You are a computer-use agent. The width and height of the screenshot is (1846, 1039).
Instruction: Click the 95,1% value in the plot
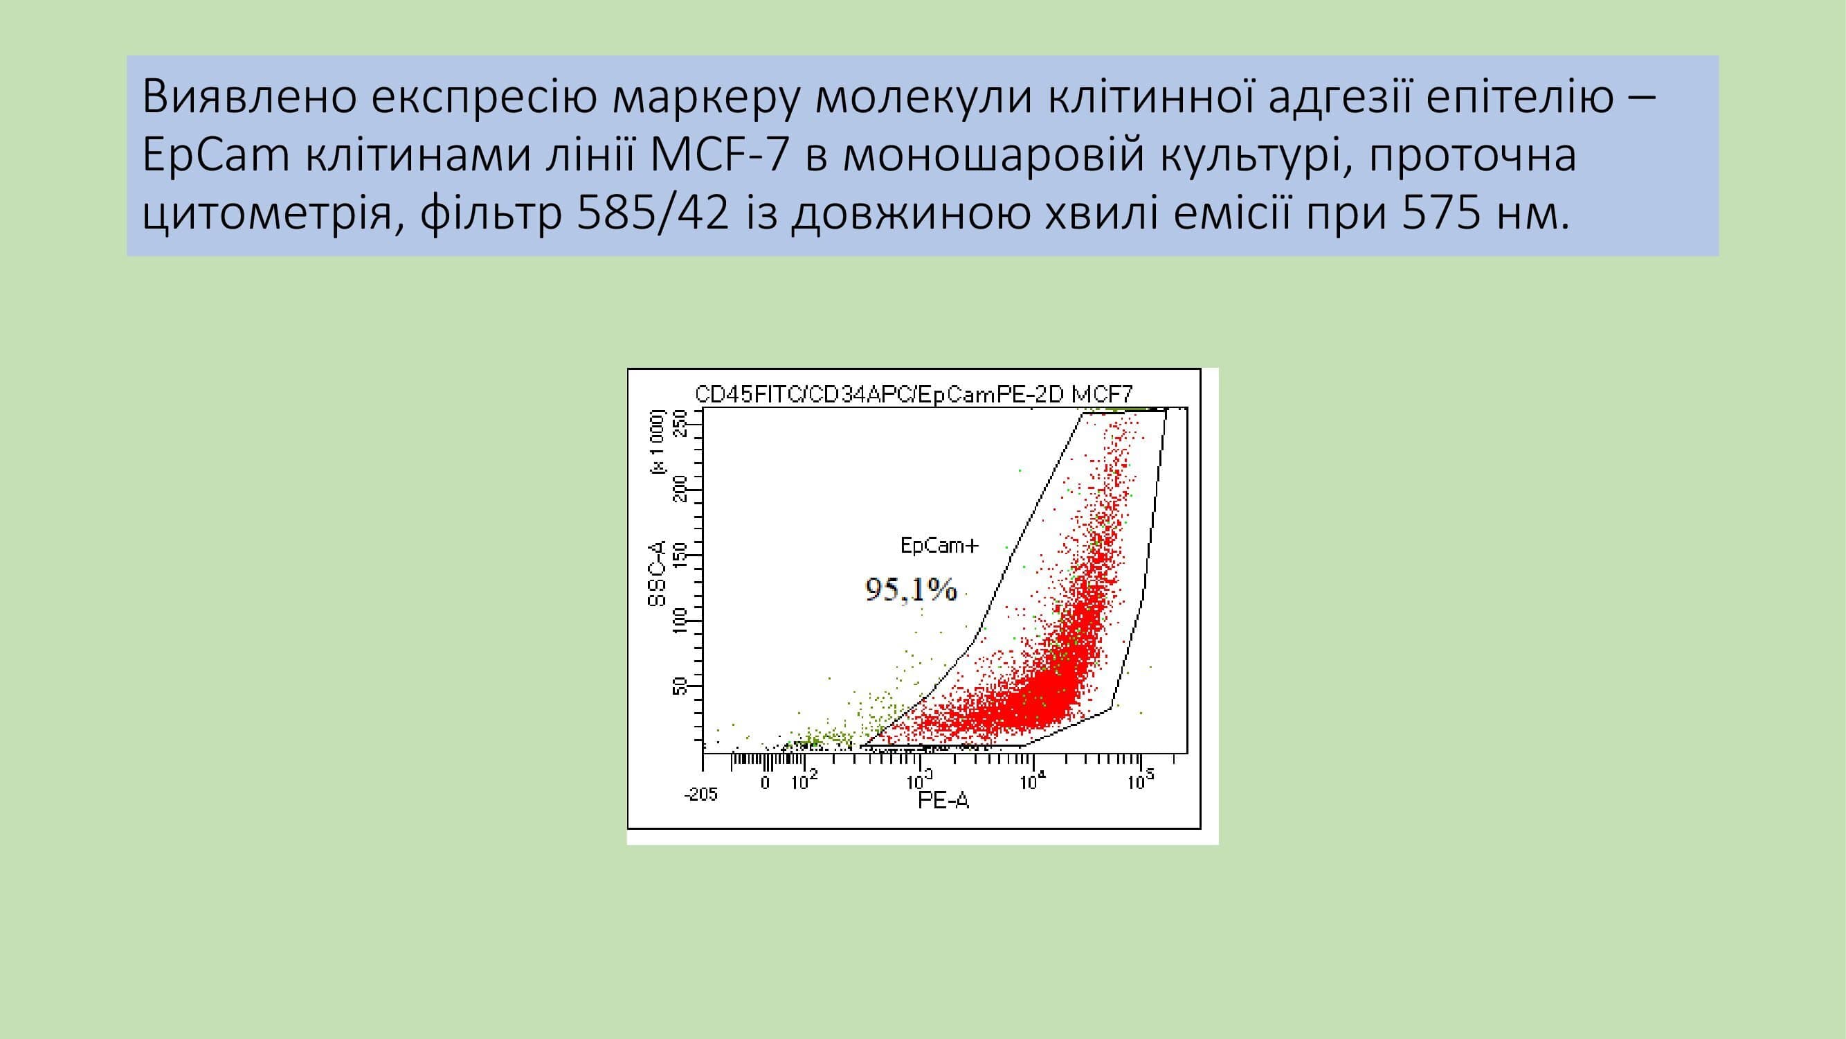(x=911, y=589)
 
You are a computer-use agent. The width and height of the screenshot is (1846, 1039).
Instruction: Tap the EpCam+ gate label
(x=939, y=546)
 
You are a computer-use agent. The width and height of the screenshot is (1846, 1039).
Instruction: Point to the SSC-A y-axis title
(x=657, y=574)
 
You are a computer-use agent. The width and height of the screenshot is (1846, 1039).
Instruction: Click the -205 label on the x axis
(x=701, y=794)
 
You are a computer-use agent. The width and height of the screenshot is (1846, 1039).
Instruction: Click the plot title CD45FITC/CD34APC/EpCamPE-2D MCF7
(x=914, y=394)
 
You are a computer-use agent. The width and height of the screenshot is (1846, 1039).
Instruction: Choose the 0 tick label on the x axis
(x=765, y=782)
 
